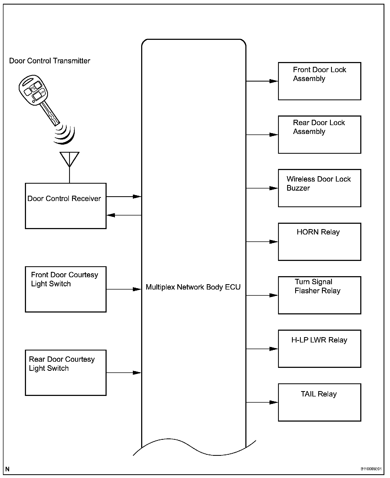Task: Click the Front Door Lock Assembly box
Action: click(x=319, y=81)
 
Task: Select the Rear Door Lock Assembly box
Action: click(x=319, y=134)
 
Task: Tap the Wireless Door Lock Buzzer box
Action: click(x=319, y=188)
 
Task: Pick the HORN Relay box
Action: click(x=319, y=242)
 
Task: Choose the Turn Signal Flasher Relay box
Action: click(x=319, y=295)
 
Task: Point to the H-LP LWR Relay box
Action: click(x=319, y=349)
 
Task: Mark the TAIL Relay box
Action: click(x=319, y=402)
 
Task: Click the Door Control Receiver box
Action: click(x=66, y=206)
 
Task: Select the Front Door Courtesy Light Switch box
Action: click(x=66, y=289)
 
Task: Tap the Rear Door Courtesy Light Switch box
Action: click(x=66, y=373)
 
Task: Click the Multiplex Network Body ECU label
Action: click(x=193, y=287)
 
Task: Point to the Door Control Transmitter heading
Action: click(x=50, y=61)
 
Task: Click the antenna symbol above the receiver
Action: click(x=69, y=159)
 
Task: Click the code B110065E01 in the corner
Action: click(x=371, y=469)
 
